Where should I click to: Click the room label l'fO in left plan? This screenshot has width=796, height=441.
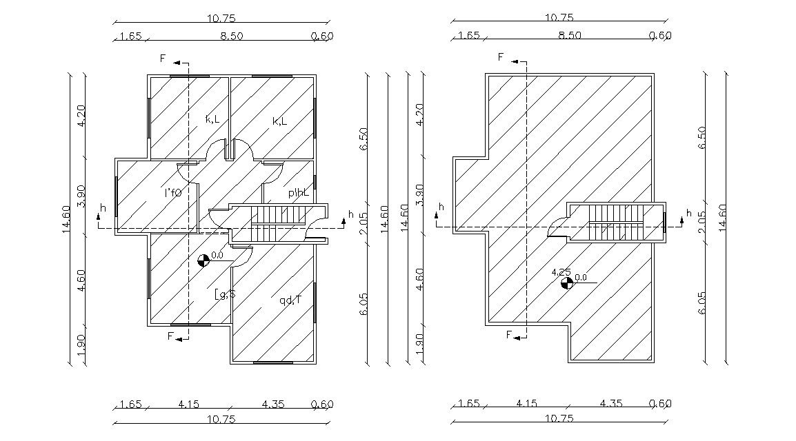pos(172,193)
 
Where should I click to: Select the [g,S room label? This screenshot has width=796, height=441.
pos(225,295)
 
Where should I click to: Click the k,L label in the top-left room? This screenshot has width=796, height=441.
pos(212,119)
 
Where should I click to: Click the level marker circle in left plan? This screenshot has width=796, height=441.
pos(203,260)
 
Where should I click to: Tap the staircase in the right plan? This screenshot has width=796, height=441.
pos(615,222)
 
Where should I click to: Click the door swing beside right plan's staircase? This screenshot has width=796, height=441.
pos(558,227)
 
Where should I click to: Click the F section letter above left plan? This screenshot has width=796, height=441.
pos(163,59)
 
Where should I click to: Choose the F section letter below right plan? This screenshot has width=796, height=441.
pos(508,336)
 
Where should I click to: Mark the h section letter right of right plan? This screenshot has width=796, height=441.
pos(688,214)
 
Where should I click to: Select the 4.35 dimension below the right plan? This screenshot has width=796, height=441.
pos(610,404)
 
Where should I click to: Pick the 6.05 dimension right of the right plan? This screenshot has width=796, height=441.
pos(702,301)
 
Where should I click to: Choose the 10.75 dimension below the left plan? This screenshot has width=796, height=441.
pos(221,419)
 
